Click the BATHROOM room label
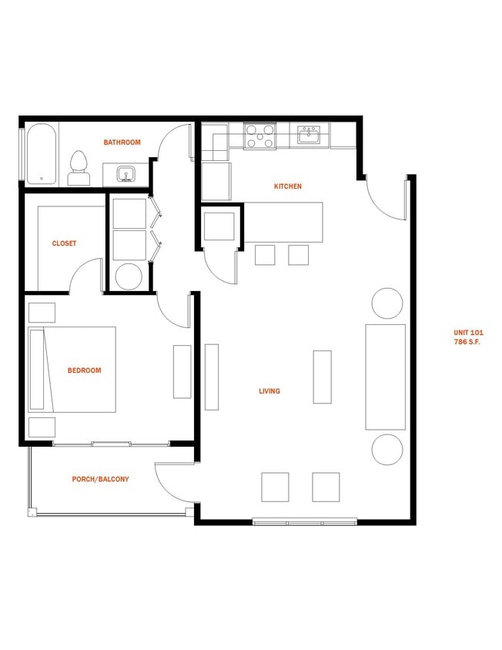pyautogui.click(x=122, y=142)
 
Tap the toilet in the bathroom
pyautogui.click(x=78, y=169)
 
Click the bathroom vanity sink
pyautogui.click(x=125, y=175)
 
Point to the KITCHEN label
pyautogui.click(x=288, y=186)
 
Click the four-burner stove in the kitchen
pyautogui.click(x=260, y=136)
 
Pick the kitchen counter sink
pyautogui.click(x=310, y=136)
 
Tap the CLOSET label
pyautogui.click(x=64, y=243)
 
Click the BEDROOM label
pyautogui.click(x=84, y=370)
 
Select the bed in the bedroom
pyautogui.click(x=72, y=369)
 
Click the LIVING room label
pyautogui.click(x=269, y=391)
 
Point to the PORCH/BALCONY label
pyautogui.click(x=101, y=479)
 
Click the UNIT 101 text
pyautogui.click(x=469, y=333)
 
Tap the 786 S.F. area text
pyautogui.click(x=467, y=341)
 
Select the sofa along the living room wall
pyautogui.click(x=385, y=377)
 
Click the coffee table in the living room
pyautogui.click(x=322, y=377)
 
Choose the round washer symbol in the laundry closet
pyautogui.click(x=129, y=276)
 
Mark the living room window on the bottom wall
pyautogui.click(x=305, y=521)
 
